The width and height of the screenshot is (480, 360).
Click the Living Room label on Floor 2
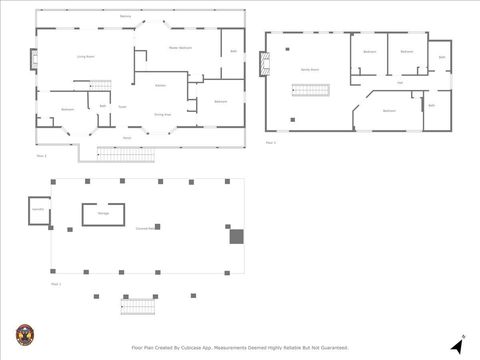pos(85,57)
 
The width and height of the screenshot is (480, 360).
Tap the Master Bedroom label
pos(180,48)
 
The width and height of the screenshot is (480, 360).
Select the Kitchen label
pos(160,86)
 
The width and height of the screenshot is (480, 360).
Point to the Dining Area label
pos(162,115)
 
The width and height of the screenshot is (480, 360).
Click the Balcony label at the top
pos(125,17)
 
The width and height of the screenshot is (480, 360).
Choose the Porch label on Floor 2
pos(127,138)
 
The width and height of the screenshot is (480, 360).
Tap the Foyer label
pos(122,106)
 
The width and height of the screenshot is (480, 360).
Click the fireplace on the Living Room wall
pos(35,57)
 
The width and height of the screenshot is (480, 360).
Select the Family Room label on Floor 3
pos(310,70)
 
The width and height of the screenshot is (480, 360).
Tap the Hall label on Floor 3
pos(400,83)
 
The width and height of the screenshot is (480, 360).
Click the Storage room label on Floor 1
pos(103,214)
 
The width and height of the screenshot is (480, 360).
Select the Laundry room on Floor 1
pos(38,210)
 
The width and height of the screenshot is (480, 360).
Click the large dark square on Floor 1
pos(237,237)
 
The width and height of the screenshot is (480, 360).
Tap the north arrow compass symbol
pos(458,346)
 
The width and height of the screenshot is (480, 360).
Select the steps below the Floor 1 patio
pos(140,307)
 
